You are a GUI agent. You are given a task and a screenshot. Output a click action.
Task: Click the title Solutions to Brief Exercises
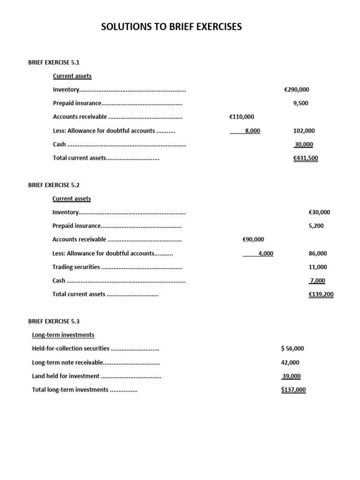(172, 27)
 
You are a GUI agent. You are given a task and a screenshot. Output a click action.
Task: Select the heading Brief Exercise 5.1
(54, 62)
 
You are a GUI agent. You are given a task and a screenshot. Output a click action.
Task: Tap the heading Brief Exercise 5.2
(54, 185)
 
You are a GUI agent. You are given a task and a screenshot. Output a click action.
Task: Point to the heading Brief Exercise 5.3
(54, 322)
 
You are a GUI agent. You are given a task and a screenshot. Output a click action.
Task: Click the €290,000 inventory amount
(297, 90)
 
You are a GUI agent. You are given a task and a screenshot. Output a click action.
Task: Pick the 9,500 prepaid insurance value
(300, 103)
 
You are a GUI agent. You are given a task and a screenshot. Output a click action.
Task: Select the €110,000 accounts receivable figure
(242, 117)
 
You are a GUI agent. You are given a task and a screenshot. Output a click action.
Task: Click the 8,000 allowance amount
(252, 131)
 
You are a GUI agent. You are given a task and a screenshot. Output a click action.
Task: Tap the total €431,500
(306, 158)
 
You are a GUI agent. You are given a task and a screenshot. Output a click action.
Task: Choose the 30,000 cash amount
(304, 144)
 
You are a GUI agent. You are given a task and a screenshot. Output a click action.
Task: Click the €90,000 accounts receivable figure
(254, 240)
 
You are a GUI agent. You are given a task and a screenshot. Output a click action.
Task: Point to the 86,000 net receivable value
(318, 254)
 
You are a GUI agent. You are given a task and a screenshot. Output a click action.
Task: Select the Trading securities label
(76, 267)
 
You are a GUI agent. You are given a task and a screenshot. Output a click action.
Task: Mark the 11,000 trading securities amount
(318, 267)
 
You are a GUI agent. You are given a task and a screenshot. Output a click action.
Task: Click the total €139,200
(321, 294)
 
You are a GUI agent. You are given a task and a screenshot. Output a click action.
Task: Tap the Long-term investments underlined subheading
(63, 335)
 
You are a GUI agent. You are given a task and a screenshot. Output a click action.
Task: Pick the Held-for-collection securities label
(71, 349)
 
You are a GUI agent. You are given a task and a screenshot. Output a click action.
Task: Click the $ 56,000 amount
(292, 349)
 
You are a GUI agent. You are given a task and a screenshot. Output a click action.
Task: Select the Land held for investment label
(66, 376)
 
